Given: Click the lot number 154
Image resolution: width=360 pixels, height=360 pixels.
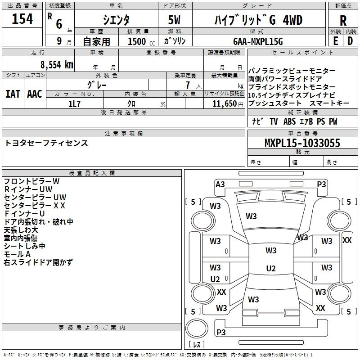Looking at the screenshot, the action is [22, 18].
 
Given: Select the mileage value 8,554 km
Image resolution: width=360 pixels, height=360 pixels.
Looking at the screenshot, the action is [57, 65].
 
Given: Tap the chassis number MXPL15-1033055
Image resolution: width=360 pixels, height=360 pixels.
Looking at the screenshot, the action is [302, 143].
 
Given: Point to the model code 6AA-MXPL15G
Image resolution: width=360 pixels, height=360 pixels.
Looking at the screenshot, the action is [258, 41].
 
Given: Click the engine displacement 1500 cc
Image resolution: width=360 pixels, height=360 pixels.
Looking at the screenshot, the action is [141, 41].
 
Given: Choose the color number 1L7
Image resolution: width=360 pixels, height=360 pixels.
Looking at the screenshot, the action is [74, 104].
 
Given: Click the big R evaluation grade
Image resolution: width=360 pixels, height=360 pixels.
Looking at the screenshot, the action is [343, 21].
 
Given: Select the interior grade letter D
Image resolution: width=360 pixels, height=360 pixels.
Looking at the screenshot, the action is [350, 41].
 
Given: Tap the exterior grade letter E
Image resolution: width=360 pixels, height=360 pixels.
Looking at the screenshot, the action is [335, 41].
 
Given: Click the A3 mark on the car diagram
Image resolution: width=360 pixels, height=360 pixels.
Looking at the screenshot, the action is [220, 184].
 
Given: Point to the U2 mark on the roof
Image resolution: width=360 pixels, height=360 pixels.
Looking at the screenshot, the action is [271, 268].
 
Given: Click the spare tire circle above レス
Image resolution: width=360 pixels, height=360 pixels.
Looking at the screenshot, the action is [197, 328].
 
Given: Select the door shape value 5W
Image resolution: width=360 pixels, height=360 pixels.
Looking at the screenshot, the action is [174, 20].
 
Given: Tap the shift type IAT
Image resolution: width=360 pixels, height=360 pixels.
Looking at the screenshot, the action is [13, 94].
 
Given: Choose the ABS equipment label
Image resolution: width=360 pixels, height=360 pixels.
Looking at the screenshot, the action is [289, 121].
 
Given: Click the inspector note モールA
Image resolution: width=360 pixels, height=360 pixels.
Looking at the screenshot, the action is [17, 254].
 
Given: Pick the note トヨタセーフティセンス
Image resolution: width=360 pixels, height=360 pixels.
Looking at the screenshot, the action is [46, 143].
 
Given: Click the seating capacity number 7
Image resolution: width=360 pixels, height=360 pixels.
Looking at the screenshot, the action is [188, 85].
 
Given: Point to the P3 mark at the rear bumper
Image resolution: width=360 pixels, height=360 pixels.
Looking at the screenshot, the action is [221, 332].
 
